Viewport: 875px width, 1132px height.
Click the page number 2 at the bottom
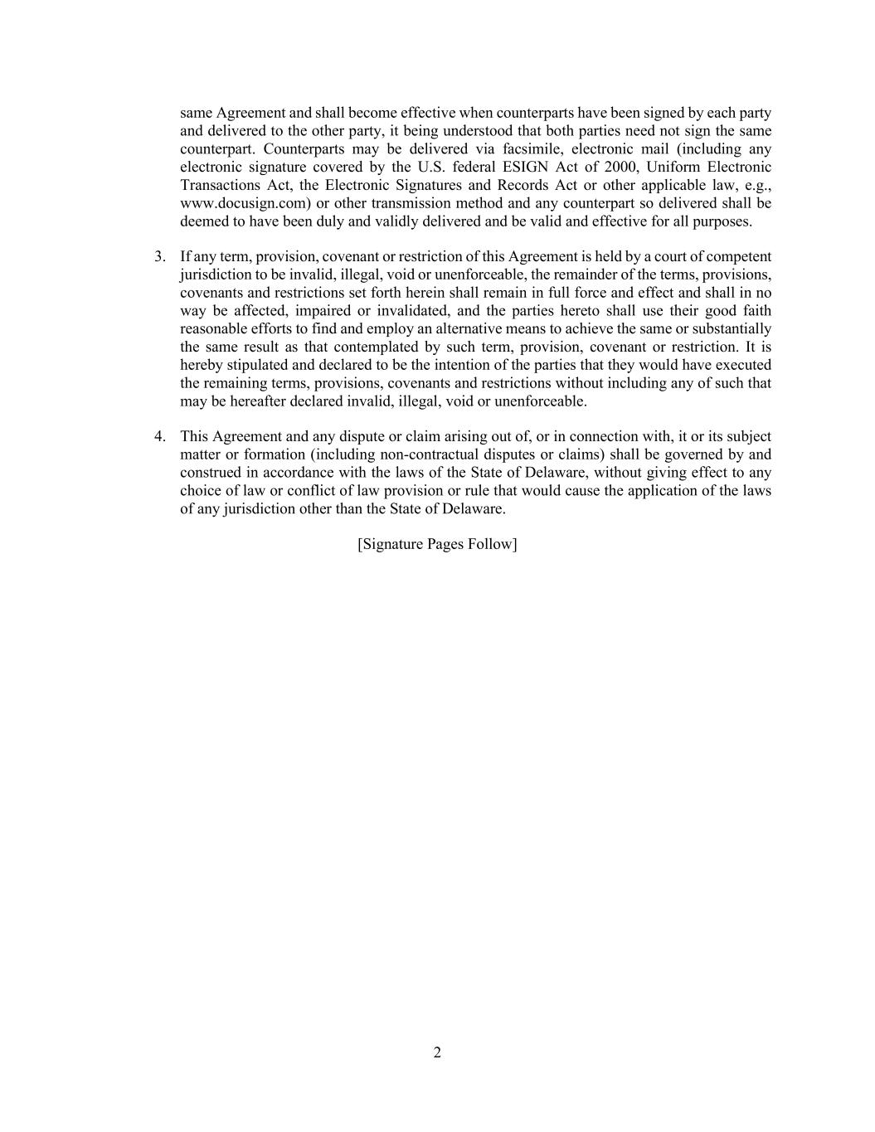click(x=437, y=1052)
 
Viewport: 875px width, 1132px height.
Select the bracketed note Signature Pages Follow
click(x=437, y=544)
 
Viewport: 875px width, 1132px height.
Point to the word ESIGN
click(x=527, y=167)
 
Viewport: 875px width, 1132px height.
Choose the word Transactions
click(x=218, y=185)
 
